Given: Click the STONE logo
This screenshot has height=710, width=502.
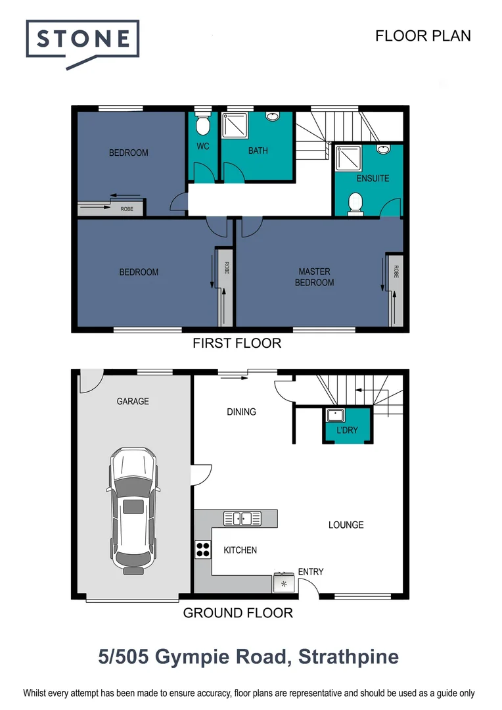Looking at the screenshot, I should point(82,40).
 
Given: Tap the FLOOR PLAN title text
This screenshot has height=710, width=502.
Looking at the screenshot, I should point(422,35).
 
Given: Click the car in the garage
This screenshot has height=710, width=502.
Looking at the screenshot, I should point(134,508).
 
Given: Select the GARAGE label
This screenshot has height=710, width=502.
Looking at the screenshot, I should point(133,401).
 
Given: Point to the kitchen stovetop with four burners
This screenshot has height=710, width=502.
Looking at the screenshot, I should point(202,549).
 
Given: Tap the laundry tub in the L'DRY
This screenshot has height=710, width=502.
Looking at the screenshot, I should point(336,415).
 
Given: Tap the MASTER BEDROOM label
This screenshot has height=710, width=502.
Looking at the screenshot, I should point(315,277).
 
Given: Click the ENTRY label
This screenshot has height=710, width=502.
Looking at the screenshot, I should point(311,571).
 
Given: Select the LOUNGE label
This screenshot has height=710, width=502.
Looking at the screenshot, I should point(346,525).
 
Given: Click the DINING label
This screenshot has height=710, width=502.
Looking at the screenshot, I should point(241,412).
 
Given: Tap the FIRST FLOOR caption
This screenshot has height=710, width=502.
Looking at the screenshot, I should point(237,343).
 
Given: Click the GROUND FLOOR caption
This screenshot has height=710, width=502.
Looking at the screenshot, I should point(237,613).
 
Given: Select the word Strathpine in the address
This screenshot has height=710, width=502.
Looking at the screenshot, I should point(348,657).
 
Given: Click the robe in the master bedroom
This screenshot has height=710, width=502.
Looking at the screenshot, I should point(396,289).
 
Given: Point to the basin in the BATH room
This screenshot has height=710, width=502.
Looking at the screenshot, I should point(273,117).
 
